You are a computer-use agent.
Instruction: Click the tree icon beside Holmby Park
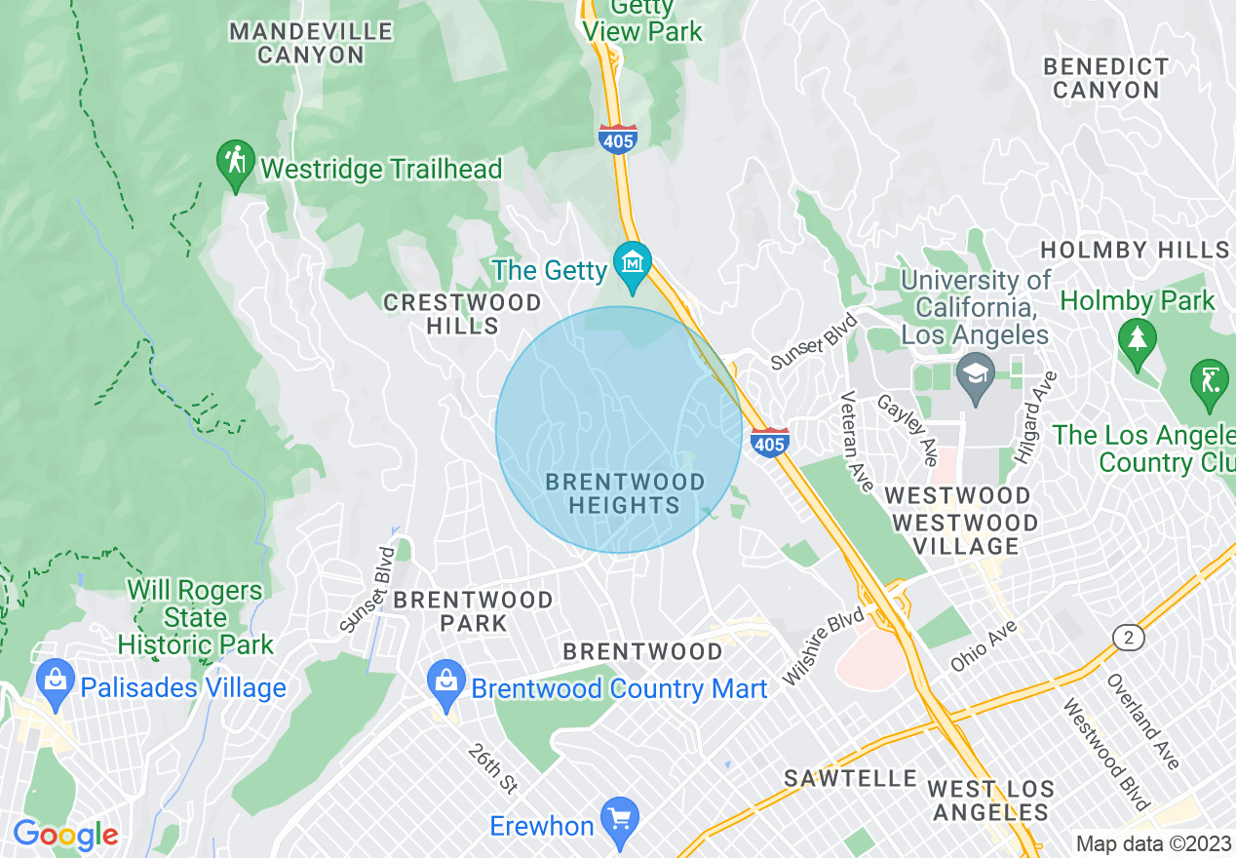point(1137,339)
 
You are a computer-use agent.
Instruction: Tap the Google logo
point(65,835)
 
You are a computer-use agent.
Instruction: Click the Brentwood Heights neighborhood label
point(625,493)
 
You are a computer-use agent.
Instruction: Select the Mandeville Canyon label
point(311,43)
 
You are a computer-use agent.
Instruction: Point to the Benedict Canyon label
point(1105,78)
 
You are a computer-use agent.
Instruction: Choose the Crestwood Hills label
point(462,314)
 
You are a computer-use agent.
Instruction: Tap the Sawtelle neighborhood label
point(851,778)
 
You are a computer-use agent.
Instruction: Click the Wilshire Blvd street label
point(824,647)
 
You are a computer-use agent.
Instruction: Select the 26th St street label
point(491,767)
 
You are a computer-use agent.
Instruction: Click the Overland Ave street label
point(1142,721)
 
